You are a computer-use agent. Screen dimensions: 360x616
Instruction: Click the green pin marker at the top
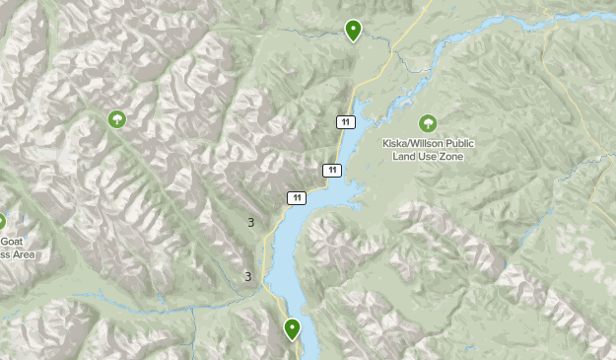point(352,31)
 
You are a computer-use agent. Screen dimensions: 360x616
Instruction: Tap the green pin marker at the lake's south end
point(292,328)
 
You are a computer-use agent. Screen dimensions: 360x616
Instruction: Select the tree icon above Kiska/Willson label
point(428,123)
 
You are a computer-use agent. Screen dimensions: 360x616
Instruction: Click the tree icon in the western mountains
point(117,120)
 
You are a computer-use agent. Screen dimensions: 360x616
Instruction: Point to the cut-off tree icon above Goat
point(2,223)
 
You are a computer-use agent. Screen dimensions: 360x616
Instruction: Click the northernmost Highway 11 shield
point(344,121)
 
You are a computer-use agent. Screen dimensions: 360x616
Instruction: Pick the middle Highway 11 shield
point(332,171)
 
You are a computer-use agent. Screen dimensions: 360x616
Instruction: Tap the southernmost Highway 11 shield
point(297,198)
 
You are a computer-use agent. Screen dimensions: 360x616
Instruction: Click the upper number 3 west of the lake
point(250,223)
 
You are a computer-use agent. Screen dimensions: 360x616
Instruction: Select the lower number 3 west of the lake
point(247,277)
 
